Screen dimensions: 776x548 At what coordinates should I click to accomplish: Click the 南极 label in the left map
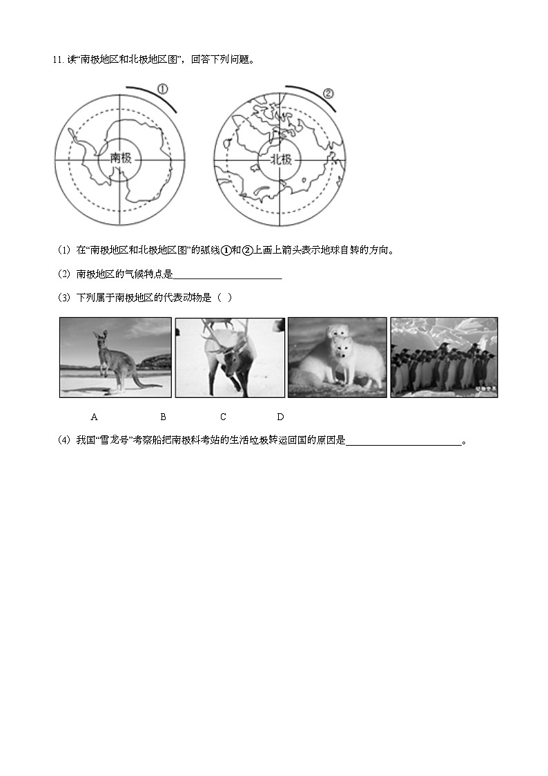(x=121, y=158)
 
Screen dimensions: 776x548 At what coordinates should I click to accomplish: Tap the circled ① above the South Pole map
(x=163, y=90)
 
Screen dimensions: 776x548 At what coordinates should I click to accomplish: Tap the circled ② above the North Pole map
(x=328, y=93)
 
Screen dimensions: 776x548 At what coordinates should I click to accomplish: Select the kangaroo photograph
(x=115, y=357)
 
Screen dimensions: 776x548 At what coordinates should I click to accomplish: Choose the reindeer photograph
(x=229, y=357)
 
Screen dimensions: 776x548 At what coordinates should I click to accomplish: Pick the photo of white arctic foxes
(x=337, y=357)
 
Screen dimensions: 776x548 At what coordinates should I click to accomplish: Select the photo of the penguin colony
(x=444, y=357)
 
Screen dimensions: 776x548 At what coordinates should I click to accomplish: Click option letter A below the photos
(x=94, y=417)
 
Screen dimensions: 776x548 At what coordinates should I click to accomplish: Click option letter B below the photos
(x=163, y=417)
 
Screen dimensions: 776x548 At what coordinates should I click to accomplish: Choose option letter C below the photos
(x=223, y=417)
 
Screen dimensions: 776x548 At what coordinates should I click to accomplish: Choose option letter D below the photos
(x=280, y=417)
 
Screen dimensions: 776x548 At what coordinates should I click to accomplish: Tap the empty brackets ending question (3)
(x=224, y=298)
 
